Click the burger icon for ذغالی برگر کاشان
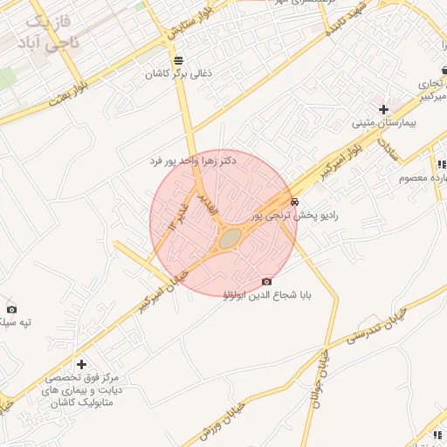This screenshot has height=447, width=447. (x=179, y=60)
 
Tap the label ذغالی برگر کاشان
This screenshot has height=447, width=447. (x=180, y=74)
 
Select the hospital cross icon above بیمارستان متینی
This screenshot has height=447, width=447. (x=384, y=109)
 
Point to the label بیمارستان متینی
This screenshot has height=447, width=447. (x=384, y=123)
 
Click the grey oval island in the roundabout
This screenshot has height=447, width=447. (x=230, y=237)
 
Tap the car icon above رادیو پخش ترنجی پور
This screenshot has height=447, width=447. (x=293, y=201)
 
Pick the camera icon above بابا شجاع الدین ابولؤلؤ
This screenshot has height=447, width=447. (x=266, y=281)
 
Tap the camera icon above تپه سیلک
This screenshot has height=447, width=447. (x=11, y=309)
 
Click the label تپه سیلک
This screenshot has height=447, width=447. (x=16, y=322)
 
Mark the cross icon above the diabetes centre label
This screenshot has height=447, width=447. (x=81, y=364)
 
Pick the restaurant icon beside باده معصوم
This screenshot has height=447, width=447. (x=442, y=164)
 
